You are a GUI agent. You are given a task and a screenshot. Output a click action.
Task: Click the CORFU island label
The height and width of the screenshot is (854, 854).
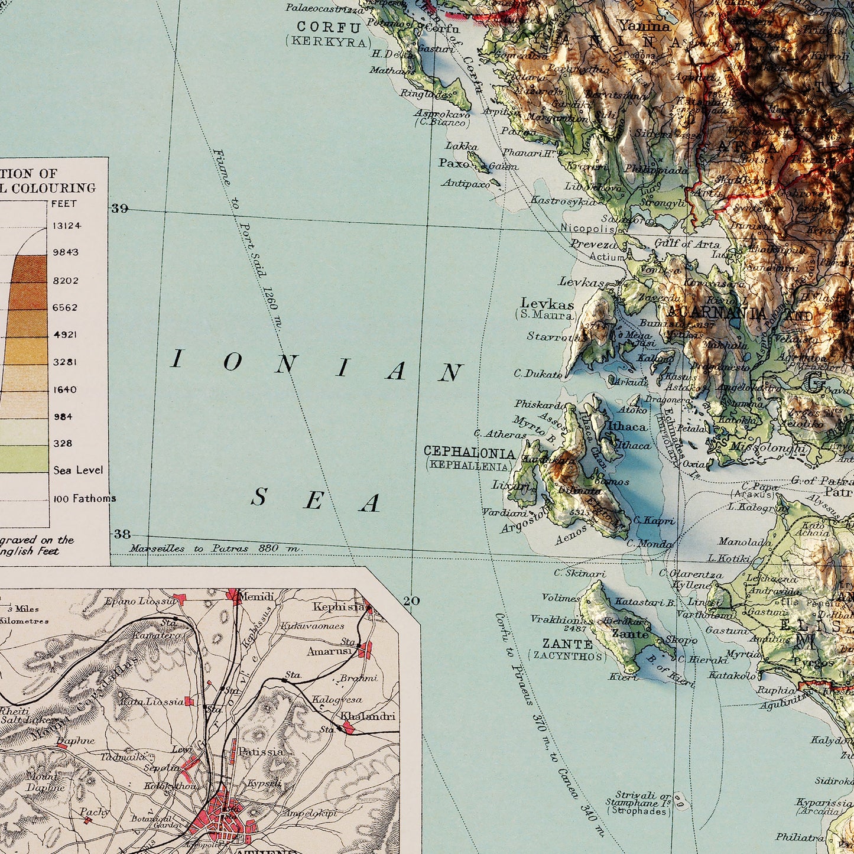tap(329, 27)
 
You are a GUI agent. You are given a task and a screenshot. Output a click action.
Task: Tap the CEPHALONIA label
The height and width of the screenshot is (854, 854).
tap(469, 453)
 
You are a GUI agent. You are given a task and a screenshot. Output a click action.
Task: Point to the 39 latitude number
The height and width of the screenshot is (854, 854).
tap(120, 209)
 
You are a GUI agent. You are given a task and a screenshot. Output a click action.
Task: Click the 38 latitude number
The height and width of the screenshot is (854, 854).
tap(122, 534)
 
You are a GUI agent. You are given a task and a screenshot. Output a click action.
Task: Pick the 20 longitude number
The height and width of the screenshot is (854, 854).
tap(411, 601)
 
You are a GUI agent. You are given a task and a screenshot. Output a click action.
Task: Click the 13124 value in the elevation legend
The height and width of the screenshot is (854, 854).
tap(67, 225)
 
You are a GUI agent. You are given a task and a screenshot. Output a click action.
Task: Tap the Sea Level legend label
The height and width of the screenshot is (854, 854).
tap(78, 470)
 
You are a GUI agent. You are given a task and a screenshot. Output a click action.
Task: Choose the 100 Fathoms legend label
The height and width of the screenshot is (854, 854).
tap(85, 498)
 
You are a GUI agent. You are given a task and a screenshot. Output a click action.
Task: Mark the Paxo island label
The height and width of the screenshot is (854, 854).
tap(454, 163)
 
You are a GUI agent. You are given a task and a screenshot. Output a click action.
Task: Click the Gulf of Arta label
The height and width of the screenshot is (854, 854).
tap(687, 243)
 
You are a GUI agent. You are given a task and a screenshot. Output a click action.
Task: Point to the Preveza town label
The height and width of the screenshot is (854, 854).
tap(593, 244)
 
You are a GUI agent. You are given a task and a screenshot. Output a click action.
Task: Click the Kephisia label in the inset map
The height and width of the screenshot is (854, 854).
tap(339, 607)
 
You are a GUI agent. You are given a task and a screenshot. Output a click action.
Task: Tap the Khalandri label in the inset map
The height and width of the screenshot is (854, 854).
tap(368, 716)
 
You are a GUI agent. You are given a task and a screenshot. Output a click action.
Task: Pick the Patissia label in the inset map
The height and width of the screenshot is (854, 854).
tap(261, 752)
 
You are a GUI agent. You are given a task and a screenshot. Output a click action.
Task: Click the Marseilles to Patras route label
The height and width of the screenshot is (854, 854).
tap(215, 548)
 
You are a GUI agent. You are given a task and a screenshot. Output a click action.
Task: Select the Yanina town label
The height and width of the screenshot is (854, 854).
tap(645, 25)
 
